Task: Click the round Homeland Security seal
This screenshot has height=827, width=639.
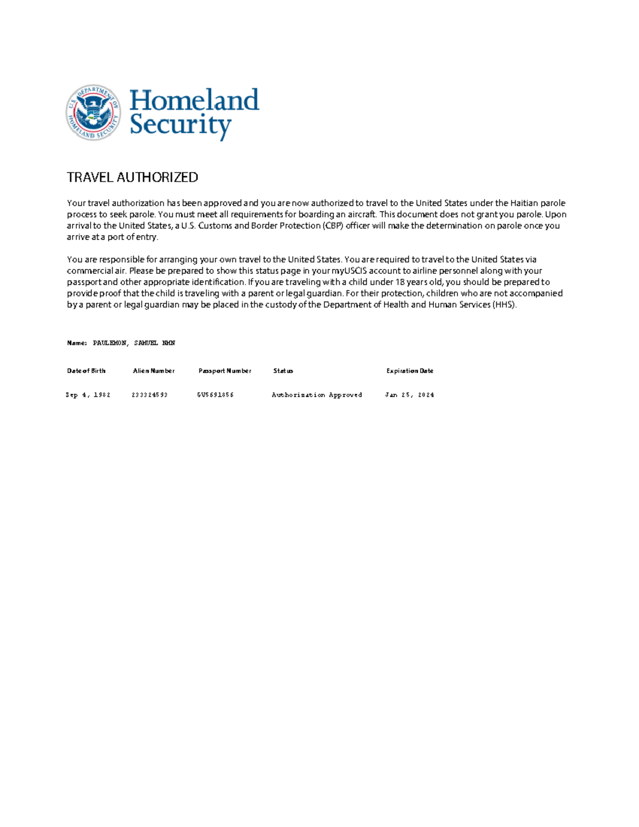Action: pyautogui.click(x=93, y=112)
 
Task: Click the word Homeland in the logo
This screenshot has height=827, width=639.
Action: pyautogui.click(x=194, y=100)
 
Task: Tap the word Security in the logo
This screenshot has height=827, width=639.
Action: pyautogui.click(x=180, y=125)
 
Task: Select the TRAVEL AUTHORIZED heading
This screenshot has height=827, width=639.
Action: pyautogui.click(x=132, y=177)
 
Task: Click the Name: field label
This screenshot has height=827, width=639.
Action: pyautogui.click(x=77, y=343)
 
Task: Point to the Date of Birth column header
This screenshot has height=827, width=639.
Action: pyautogui.click(x=86, y=371)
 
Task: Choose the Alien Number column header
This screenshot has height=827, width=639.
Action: pyautogui.click(x=153, y=371)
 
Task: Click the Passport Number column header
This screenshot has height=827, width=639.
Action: pyautogui.click(x=225, y=371)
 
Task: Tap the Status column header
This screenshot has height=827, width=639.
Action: pyautogui.click(x=283, y=371)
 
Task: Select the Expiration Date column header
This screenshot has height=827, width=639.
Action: pyautogui.click(x=409, y=371)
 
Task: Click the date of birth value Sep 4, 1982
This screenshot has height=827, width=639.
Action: pyautogui.click(x=88, y=395)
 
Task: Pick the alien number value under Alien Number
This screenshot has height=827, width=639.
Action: pyautogui.click(x=150, y=395)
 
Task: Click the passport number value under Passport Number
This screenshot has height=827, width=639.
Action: pyautogui.click(x=216, y=395)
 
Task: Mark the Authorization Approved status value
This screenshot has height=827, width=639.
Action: pyautogui.click(x=317, y=395)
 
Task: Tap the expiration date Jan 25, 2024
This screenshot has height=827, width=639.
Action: pyautogui.click(x=409, y=395)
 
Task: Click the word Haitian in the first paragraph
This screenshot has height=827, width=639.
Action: pyautogui.click(x=524, y=203)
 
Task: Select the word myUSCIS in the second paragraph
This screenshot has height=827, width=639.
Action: pyautogui.click(x=349, y=271)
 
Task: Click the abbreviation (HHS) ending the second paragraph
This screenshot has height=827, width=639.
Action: pyautogui.click(x=504, y=305)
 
